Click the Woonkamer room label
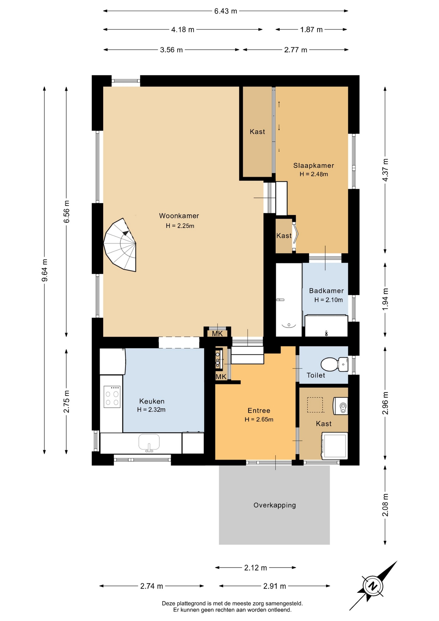tap(179, 216)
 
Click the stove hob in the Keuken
tap(112, 397)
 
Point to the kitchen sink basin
tap(149, 442)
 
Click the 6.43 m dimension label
tap(226, 11)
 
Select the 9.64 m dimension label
tap(45, 270)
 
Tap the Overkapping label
tap(274, 505)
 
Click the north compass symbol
tap(373, 586)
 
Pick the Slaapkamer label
tap(314, 166)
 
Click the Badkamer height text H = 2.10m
tap(328, 300)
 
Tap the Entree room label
tap(259, 410)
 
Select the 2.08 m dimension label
tap(385, 505)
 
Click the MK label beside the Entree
tap(221, 376)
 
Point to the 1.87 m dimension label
tap(311, 30)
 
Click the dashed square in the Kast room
tap(315, 405)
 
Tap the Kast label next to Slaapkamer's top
tap(257, 132)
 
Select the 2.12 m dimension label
tap(255, 568)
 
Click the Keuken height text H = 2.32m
tap(151, 410)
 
